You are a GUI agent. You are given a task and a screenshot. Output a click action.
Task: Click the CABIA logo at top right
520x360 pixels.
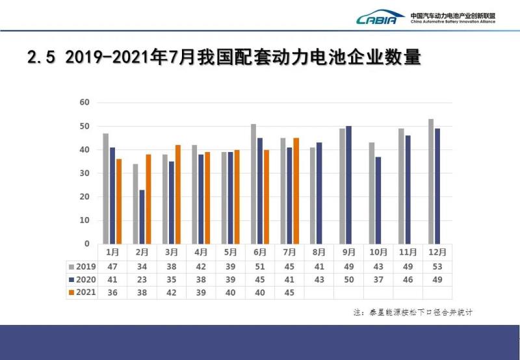380,18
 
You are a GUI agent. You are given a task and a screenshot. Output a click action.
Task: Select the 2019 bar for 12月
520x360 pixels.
431,181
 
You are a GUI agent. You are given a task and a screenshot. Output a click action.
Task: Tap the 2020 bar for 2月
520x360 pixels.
142,216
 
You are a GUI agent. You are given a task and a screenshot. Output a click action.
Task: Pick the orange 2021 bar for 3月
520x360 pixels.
178,194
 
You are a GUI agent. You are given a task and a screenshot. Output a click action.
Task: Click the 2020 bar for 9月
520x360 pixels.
349,185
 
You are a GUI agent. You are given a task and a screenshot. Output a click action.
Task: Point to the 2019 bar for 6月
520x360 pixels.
253,184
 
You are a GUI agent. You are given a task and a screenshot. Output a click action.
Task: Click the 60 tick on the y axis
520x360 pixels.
84,102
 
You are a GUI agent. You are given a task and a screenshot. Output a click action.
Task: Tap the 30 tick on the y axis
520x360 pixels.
84,173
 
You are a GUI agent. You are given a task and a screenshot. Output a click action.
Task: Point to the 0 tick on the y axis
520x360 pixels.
87,244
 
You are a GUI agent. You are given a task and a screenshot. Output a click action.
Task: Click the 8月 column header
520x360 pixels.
318,252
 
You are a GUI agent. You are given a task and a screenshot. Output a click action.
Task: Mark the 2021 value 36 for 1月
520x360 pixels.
112,292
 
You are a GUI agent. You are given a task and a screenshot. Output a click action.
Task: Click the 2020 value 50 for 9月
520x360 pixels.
348,279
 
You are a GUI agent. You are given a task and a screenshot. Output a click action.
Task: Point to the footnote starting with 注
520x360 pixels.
413,313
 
